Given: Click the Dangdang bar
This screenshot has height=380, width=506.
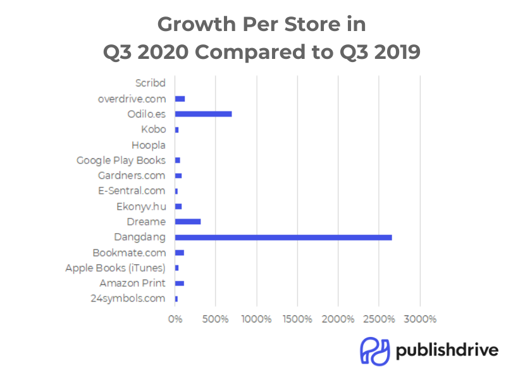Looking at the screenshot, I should point(283,237).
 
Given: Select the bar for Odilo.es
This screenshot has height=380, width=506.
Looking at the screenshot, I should point(203,114).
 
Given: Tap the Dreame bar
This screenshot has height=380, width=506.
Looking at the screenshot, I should point(188,222).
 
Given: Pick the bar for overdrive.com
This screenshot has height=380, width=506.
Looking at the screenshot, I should point(180,99).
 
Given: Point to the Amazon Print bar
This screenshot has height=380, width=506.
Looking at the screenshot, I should point(180,283).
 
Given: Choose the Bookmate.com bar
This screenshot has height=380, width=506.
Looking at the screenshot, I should point(180,253).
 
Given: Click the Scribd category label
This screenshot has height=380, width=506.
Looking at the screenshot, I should point(151,83).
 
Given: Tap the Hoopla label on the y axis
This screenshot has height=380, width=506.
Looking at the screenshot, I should point(149,145).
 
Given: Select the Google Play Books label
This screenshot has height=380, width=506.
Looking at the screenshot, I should point(121,160).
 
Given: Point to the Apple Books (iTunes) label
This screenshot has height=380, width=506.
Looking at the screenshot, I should point(115,268).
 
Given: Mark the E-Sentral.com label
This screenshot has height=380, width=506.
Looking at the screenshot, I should point(132,191).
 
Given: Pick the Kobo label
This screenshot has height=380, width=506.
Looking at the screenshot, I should point(154,129).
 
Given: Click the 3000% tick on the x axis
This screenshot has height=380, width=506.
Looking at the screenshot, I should point(420,319).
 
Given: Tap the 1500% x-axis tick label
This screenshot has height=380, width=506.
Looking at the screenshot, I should point(297,319).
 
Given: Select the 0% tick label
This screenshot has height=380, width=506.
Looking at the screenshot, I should point(175,319).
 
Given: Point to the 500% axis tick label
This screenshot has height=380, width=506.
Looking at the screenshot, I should point(216,319).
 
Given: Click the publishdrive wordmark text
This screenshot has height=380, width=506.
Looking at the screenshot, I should point(447,350).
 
